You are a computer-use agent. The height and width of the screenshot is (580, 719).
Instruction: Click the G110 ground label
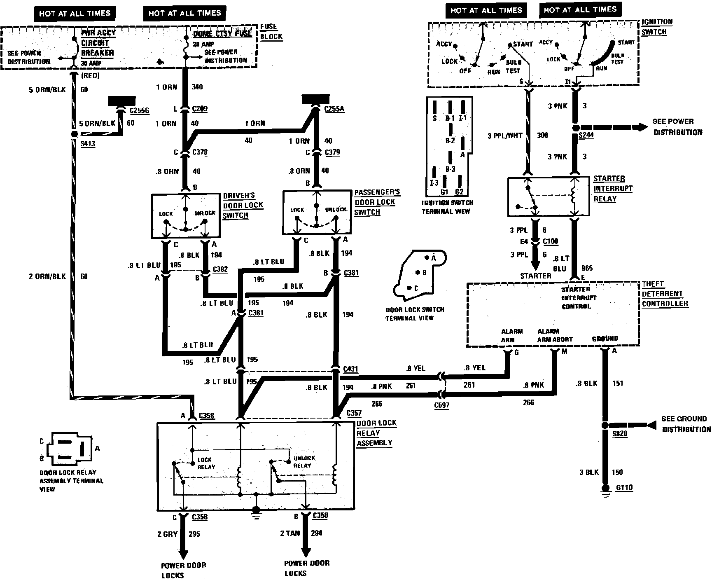(624, 488)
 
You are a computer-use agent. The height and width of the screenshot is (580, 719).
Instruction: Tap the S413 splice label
(88, 144)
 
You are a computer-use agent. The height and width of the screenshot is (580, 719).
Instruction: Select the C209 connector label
(200, 109)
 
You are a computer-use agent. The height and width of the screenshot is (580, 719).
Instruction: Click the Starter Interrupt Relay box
(549, 197)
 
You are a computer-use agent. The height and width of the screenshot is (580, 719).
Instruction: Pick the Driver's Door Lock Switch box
(185, 216)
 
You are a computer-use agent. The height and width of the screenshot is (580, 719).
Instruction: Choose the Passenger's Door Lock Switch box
(316, 212)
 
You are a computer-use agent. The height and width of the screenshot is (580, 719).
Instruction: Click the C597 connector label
(442, 405)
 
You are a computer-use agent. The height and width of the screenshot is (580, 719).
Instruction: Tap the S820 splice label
(620, 434)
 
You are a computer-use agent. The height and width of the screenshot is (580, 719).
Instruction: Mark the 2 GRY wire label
(167, 534)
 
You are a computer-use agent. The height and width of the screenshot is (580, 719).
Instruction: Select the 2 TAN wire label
(290, 533)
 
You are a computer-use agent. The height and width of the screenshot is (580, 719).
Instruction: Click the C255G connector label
(140, 110)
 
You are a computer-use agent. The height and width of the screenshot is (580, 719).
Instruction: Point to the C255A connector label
(334, 109)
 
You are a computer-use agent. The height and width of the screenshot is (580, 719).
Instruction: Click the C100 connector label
(551, 241)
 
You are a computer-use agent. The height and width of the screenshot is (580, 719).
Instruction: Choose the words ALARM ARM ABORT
(555, 335)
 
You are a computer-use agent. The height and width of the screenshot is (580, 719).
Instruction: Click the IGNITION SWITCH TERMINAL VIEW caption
(447, 207)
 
